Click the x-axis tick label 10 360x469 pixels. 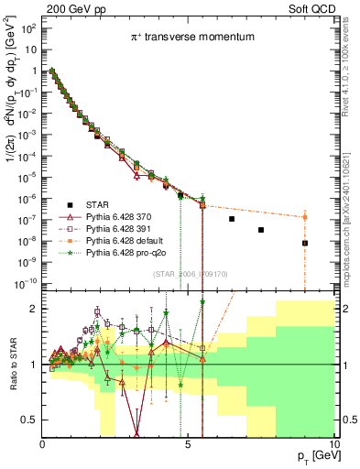pyautogui.click(x=333, y=443)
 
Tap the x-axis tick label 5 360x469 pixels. pyautogui.click(x=188, y=443)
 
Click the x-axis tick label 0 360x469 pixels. pyautogui.click(x=42, y=443)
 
